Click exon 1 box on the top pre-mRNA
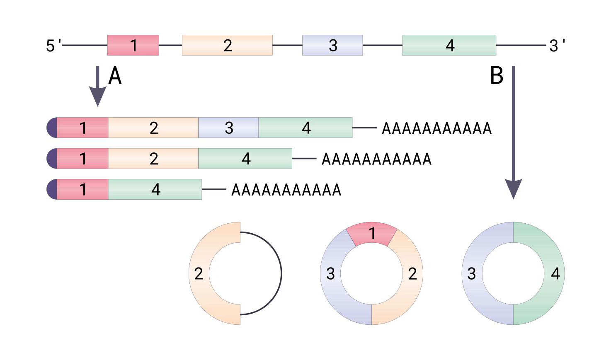(133, 45)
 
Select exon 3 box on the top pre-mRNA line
(332, 45)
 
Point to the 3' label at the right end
(557, 46)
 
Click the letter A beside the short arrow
(115, 76)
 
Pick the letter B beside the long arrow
(497, 76)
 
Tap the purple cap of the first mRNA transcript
(52, 128)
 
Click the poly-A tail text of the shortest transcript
(286, 190)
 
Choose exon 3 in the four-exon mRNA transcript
(228, 128)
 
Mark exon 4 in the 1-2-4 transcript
(245, 159)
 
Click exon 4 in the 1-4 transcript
(155, 189)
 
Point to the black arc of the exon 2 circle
(281, 273)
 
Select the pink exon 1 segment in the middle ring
(372, 234)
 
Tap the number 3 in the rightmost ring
(471, 274)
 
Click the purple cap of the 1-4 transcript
(52, 189)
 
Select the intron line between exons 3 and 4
(382, 45)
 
